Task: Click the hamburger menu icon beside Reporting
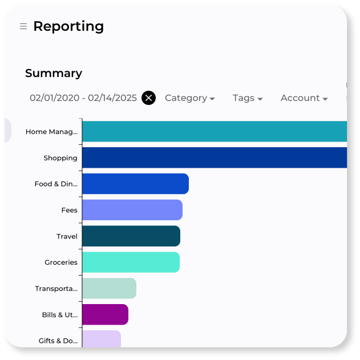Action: pyautogui.click(x=23, y=26)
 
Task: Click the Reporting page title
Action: pyautogui.click(x=68, y=26)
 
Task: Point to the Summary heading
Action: pyautogui.click(x=54, y=73)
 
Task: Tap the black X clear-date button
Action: pyautogui.click(x=148, y=98)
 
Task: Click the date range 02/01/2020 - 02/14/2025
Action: pyautogui.click(x=83, y=98)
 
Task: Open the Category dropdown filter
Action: pyautogui.click(x=189, y=98)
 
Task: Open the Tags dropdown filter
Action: pyautogui.click(x=248, y=98)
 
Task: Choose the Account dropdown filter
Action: pyautogui.click(x=304, y=98)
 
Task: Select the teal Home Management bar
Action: pyautogui.click(x=214, y=131)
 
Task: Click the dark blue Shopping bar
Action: pyautogui.click(x=214, y=157)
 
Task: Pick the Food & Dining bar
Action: pyautogui.click(x=135, y=184)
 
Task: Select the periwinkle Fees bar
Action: pyautogui.click(x=132, y=210)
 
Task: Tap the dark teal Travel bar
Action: pyautogui.click(x=131, y=236)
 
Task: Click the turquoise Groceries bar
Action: pyautogui.click(x=131, y=262)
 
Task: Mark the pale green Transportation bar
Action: pyautogui.click(x=109, y=289)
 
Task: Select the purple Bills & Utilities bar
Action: pyautogui.click(x=105, y=315)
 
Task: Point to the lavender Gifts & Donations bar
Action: pyautogui.click(x=101, y=339)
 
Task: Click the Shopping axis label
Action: pyautogui.click(x=60, y=158)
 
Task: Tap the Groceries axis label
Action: pyautogui.click(x=60, y=262)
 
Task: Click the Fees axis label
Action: pyautogui.click(x=69, y=211)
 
